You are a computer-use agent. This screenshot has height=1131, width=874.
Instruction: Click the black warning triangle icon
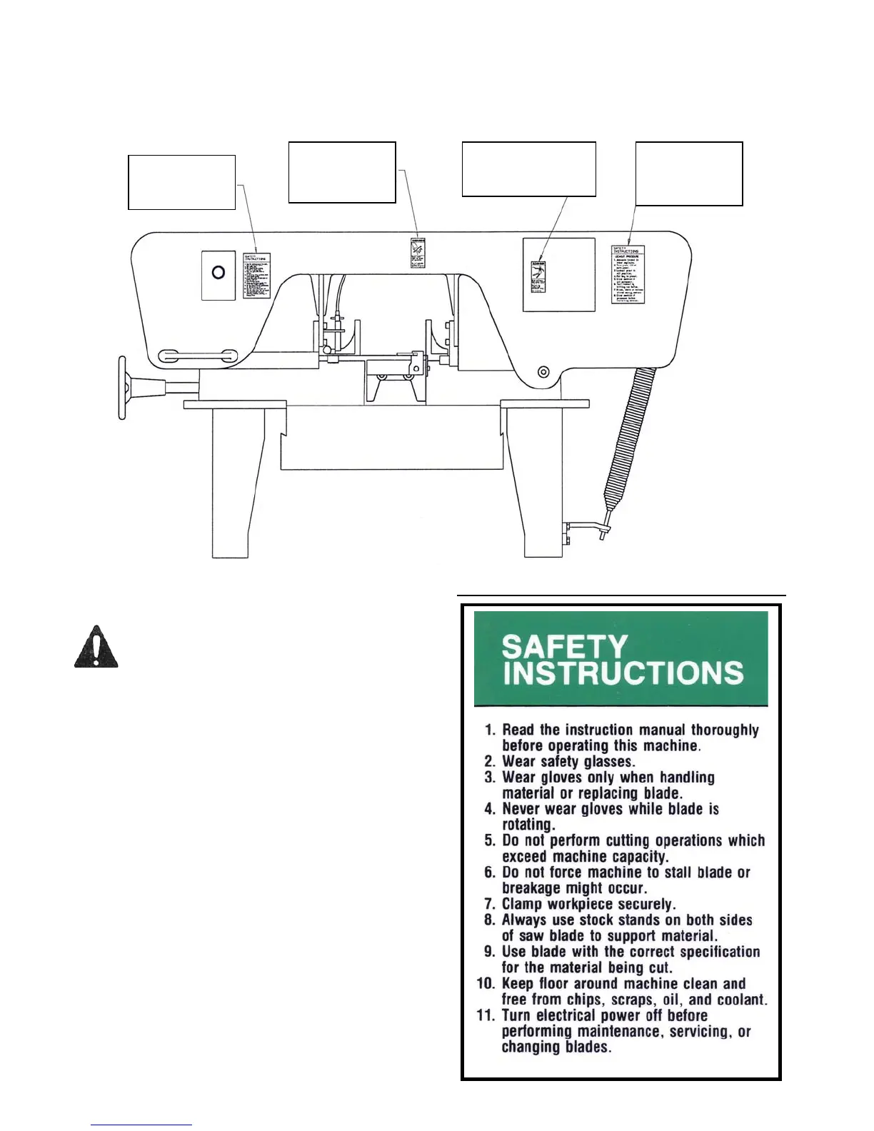[x=96, y=647]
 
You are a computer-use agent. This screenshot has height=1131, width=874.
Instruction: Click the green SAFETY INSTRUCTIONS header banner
[x=621, y=659]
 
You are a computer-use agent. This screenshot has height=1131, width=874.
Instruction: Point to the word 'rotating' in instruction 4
[x=528, y=825]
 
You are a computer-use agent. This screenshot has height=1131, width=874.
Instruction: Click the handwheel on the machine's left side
[x=123, y=387]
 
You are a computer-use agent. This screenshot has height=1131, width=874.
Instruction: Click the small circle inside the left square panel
[x=219, y=272]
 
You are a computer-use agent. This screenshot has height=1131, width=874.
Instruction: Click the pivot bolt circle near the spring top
[x=544, y=371]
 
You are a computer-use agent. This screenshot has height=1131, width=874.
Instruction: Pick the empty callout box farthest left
[x=181, y=182]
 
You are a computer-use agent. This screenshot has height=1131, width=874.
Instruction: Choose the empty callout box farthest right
[x=688, y=174]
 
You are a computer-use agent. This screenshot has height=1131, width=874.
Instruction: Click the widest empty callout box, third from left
[x=528, y=169]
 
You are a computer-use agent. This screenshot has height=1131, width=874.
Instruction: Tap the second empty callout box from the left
[x=341, y=172]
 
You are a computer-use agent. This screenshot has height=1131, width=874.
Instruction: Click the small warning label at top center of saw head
[x=418, y=253]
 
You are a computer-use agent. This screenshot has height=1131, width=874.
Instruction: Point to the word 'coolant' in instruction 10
[x=743, y=1000]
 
